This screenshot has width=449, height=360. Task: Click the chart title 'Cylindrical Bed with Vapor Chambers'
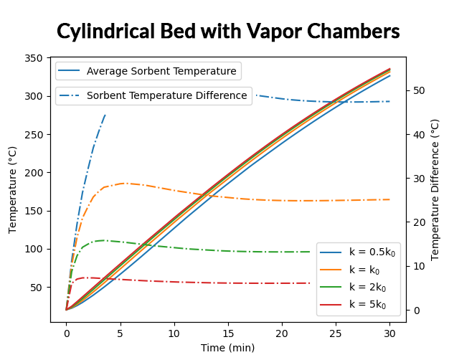(228, 32)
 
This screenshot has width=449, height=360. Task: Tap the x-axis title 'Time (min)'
(227, 348)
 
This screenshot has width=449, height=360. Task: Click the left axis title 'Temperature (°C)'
(13, 189)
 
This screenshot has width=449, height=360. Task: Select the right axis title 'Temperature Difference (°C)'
(435, 189)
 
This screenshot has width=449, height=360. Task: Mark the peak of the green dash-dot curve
(103, 240)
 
